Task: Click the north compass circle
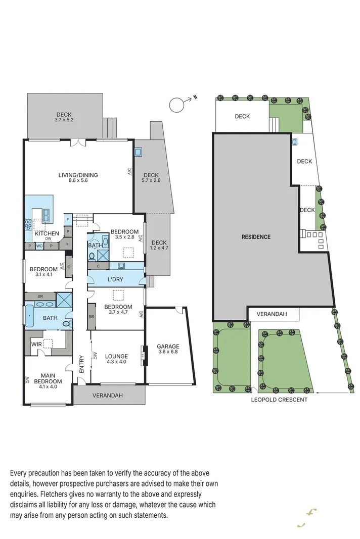click(176, 105)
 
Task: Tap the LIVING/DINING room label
click(78, 175)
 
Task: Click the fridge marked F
click(67, 219)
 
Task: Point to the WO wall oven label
click(39, 246)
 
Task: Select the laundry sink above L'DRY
click(121, 265)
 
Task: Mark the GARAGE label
click(168, 347)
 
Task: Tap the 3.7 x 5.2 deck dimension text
click(64, 120)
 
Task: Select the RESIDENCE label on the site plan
click(255, 237)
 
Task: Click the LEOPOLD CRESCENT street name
click(280, 399)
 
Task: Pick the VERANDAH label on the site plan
click(272, 314)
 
